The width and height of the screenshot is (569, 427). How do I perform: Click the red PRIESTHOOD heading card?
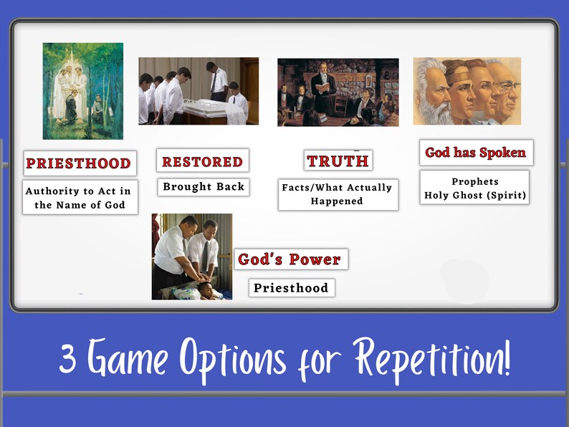[x=78, y=163]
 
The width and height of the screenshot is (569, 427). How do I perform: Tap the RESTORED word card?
[x=202, y=161]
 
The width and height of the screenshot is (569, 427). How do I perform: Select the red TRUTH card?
[x=338, y=161]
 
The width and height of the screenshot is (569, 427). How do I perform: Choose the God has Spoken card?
[x=476, y=153]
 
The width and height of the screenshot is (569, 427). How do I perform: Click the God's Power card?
[x=290, y=259]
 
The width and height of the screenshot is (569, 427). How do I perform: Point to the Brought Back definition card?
[x=204, y=187]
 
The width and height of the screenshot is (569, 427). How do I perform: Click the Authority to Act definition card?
[x=78, y=198]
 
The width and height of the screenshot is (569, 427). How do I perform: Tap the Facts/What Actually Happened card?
[x=338, y=194]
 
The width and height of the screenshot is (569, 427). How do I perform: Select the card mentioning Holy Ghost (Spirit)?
[x=474, y=188]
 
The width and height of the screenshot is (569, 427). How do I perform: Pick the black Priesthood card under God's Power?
[x=291, y=288]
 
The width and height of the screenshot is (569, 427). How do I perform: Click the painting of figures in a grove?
[x=82, y=91]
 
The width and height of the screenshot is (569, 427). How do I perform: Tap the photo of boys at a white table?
[x=199, y=91]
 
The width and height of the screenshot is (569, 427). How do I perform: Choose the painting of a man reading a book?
[x=338, y=92]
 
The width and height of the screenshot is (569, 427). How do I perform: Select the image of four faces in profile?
[x=467, y=91]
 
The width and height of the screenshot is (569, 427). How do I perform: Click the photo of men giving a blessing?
[x=191, y=256]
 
